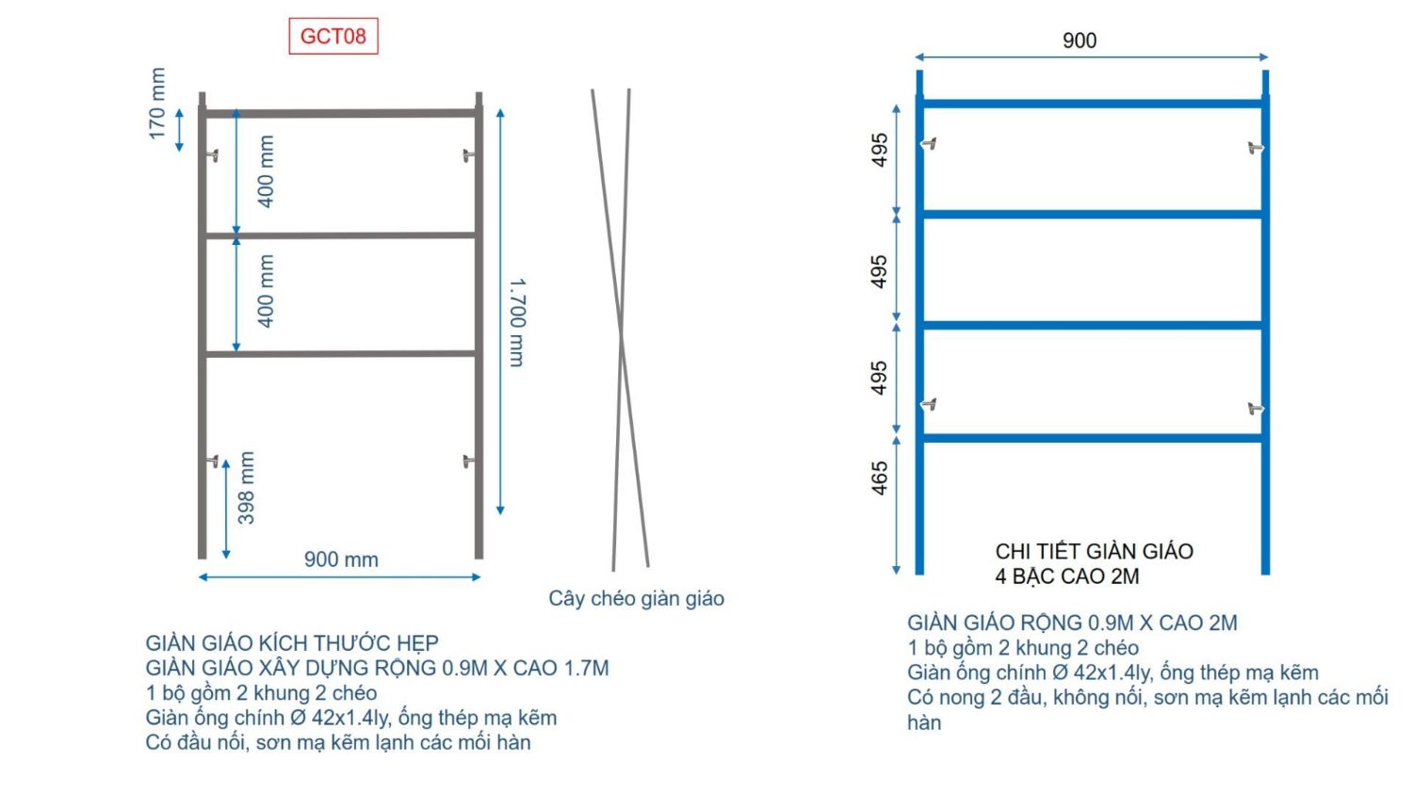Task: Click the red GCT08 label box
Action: point(333,36)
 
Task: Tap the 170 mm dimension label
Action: point(157,104)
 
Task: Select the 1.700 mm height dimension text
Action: point(517,322)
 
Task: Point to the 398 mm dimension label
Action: point(246,488)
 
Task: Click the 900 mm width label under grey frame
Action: point(341,559)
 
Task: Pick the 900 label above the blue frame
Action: point(1080,41)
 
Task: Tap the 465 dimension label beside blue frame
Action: point(879,478)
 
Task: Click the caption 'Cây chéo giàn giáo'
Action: point(637,598)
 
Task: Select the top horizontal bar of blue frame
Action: point(1093,104)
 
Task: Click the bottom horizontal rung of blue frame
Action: point(1093,438)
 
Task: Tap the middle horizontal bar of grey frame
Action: point(341,235)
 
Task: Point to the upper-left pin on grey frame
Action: point(213,155)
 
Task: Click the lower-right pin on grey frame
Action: point(469,462)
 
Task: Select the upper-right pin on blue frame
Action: point(1256,148)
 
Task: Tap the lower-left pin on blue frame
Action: point(929,404)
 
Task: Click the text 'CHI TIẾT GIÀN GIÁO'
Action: point(1095,552)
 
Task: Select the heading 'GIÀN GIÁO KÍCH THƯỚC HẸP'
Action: point(292,643)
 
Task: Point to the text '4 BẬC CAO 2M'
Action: point(1067,576)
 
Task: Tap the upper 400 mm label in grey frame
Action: point(267,171)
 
